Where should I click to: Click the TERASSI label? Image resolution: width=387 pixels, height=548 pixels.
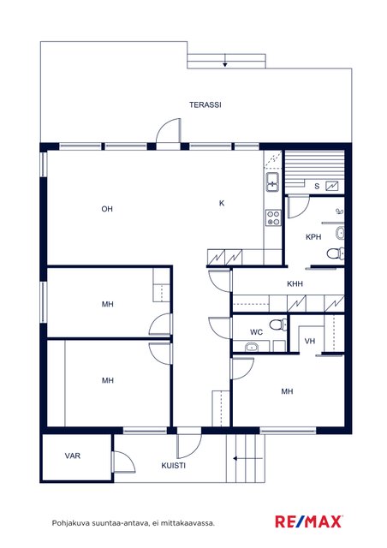click(205, 104)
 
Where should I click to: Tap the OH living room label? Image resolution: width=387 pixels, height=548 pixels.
click(107, 209)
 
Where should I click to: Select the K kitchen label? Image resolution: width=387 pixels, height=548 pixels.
click(222, 203)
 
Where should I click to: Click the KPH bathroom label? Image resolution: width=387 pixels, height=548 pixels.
click(313, 237)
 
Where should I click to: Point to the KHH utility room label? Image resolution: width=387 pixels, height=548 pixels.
click(295, 283)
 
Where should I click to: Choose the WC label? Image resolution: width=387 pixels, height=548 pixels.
click(256, 332)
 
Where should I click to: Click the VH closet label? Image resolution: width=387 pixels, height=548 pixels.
click(310, 341)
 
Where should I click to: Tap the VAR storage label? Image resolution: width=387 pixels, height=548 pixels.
click(73, 456)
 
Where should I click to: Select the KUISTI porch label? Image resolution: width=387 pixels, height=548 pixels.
click(174, 466)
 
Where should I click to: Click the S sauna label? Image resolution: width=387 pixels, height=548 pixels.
click(317, 187)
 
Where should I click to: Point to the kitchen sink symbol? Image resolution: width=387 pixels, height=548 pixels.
click(272, 182)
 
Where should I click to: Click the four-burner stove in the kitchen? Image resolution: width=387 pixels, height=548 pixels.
click(273, 217)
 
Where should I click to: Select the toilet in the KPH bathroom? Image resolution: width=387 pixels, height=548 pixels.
click(336, 253)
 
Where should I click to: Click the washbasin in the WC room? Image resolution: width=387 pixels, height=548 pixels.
click(252, 347)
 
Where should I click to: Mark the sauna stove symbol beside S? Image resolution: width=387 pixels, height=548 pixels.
click(332, 186)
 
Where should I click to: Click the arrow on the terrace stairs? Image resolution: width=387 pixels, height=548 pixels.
click(225, 61)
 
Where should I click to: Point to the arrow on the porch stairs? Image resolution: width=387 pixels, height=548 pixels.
click(247, 459)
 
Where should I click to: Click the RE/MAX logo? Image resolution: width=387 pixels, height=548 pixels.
click(309, 521)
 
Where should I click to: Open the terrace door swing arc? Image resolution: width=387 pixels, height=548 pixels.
click(164, 125)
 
